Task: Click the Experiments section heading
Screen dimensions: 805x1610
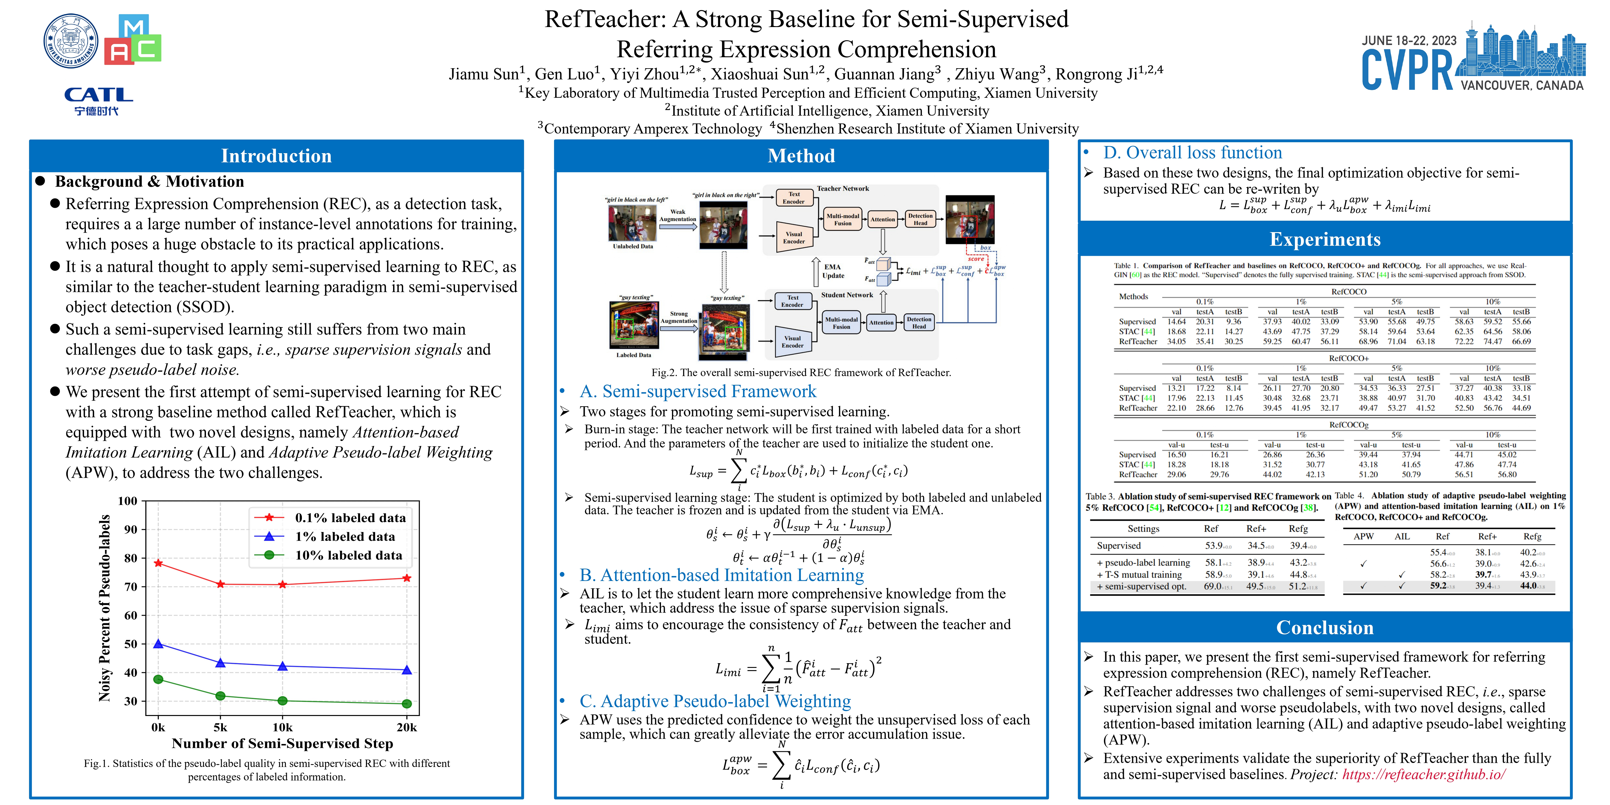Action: [x=1325, y=239]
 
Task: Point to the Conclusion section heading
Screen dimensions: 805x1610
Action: [x=1325, y=628]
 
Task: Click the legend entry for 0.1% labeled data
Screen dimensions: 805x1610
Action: [x=350, y=518]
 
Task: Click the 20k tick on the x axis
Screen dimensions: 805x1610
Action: [x=407, y=727]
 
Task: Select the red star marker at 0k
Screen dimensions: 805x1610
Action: [x=158, y=563]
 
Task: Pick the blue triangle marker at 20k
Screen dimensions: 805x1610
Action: [x=407, y=670]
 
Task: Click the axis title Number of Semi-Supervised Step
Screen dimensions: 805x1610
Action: [x=282, y=743]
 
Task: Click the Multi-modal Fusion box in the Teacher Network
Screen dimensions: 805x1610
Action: [x=842, y=219]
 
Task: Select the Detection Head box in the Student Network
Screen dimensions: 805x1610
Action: [x=919, y=323]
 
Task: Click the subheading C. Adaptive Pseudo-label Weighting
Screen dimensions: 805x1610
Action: [x=715, y=701]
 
